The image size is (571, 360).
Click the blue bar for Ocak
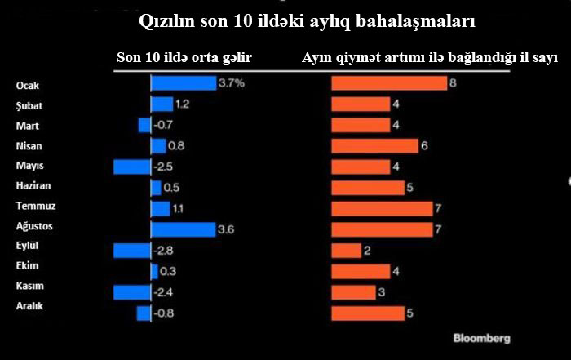point(183,83)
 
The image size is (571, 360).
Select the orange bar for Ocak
point(388,83)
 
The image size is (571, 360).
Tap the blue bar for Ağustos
point(183,229)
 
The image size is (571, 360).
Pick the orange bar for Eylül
point(346,251)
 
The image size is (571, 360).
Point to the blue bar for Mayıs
point(132,167)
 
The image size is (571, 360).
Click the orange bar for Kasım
point(353,292)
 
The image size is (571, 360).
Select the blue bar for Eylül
point(132,251)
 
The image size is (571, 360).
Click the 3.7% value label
point(231,83)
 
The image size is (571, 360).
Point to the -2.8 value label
point(165,251)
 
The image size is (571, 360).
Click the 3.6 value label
point(226,229)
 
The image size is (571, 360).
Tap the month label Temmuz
point(35,206)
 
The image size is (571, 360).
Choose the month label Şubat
point(29,105)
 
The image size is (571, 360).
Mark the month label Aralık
point(29,305)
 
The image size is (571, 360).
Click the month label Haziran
point(33,185)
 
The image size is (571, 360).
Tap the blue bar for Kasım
point(132,292)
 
